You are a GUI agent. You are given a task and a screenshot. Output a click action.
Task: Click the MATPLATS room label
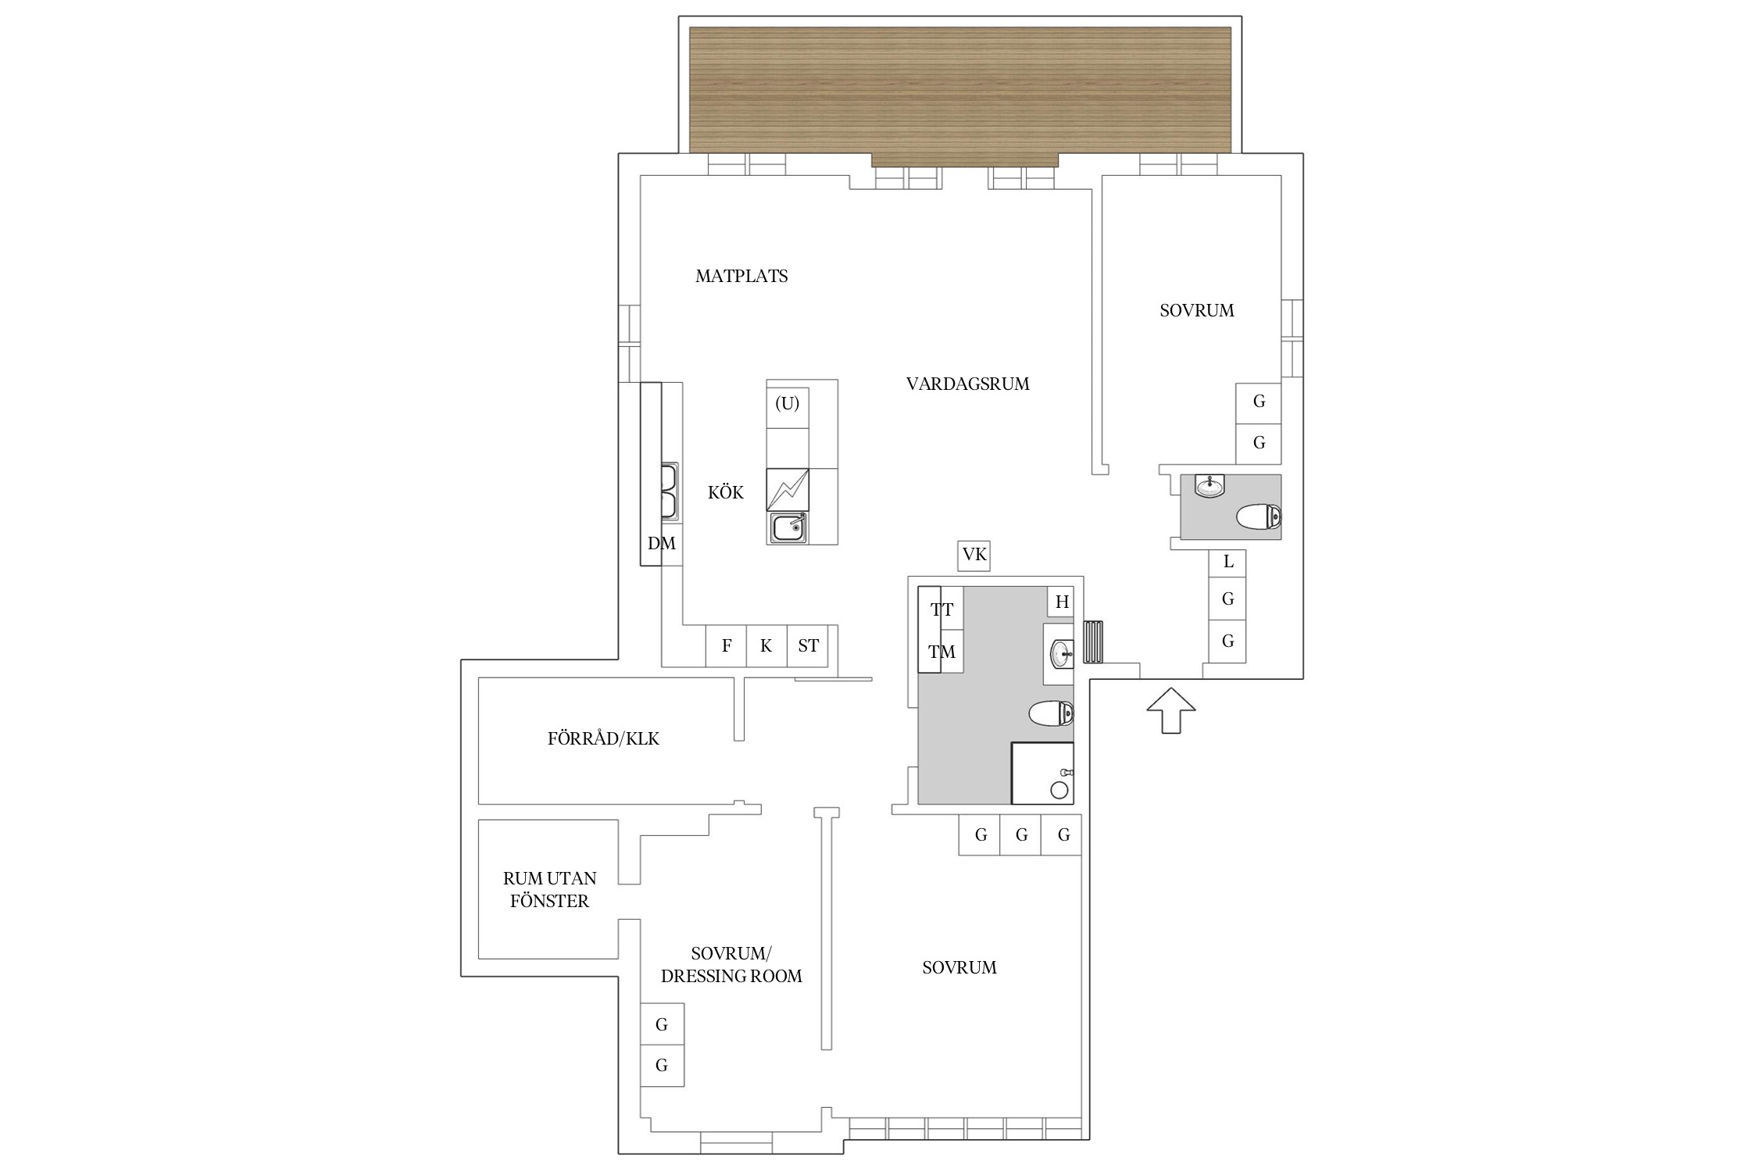click(741, 276)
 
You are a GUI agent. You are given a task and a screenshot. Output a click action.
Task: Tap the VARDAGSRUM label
click(967, 384)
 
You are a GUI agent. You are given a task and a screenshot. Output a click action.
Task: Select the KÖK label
click(726, 492)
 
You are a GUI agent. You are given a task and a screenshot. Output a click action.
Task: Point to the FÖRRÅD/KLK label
click(603, 738)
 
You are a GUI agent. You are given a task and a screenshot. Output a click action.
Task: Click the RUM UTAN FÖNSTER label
click(549, 889)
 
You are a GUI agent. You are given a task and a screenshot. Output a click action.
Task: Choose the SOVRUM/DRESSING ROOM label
click(731, 964)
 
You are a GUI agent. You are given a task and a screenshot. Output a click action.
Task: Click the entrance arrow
click(1170, 710)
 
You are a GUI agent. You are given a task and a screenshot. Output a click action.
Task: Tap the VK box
click(974, 555)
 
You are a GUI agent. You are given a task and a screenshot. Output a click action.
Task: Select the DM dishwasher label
click(661, 543)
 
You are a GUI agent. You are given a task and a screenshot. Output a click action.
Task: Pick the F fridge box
click(727, 645)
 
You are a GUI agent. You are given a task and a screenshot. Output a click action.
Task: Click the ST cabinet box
click(808, 645)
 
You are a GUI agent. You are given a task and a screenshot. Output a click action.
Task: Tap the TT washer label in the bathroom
click(942, 610)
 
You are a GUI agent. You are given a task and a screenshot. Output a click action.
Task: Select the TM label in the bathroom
click(942, 652)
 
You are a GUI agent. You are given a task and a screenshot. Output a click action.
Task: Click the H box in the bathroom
click(1062, 602)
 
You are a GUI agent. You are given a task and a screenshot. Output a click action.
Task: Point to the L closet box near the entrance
click(1227, 561)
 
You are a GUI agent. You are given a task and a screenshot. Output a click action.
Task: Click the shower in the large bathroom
click(1042, 773)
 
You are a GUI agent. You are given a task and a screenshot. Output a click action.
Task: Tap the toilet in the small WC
click(1259, 516)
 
